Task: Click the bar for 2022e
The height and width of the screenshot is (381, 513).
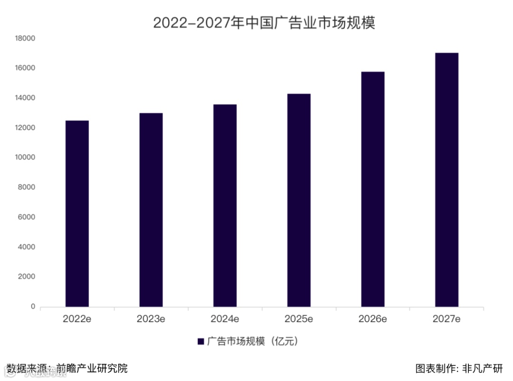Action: [77, 214]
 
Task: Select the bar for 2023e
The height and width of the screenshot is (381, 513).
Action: [151, 210]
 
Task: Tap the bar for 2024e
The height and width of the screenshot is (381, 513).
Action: [225, 206]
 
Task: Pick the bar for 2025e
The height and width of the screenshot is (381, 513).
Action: [299, 200]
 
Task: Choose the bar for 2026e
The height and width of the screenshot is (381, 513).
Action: [373, 189]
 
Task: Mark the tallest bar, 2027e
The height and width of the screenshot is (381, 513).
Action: [446, 180]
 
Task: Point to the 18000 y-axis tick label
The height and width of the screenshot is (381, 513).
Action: [26, 38]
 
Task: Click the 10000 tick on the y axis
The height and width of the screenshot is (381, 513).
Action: [26, 158]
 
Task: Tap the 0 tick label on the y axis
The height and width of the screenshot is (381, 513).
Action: [33, 307]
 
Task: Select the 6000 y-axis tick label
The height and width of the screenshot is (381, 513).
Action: [28, 218]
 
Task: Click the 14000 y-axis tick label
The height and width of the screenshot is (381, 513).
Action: [26, 98]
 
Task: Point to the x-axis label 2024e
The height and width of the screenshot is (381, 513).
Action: [225, 319]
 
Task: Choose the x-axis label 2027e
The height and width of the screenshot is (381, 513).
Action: [446, 319]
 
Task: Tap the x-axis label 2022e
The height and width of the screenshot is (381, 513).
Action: [77, 319]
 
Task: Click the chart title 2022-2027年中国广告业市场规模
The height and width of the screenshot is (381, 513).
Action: [264, 22]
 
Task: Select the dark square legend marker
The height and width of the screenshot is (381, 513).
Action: [200, 342]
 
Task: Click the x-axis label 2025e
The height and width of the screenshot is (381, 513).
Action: [299, 319]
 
